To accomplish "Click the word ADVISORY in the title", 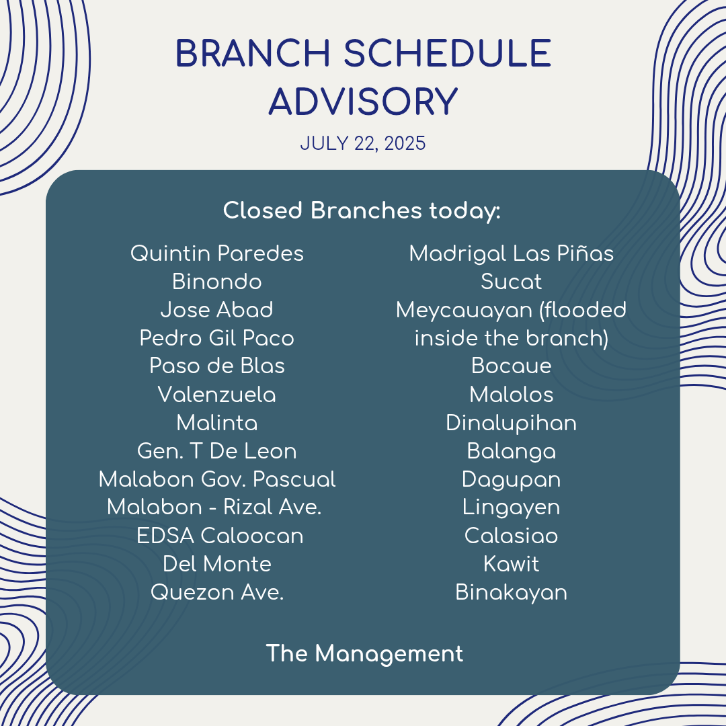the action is [363, 102].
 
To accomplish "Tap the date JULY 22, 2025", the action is [362, 144].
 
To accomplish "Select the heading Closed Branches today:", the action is [362, 210].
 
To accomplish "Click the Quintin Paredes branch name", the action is [216, 253].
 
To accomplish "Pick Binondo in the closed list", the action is [216, 282].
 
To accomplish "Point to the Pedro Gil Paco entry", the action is [216, 338].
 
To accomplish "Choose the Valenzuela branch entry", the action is [216, 395].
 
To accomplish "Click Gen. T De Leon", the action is [216, 451].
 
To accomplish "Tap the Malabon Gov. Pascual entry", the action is [216, 479].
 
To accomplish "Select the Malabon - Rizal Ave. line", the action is [214, 507].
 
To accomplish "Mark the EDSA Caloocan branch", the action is [220, 536].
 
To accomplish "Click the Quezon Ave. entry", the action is [216, 592].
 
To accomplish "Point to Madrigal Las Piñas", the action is [511, 253].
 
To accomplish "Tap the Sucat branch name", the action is [511, 282].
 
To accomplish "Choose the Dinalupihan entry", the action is [511, 423].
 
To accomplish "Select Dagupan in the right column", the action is [511, 480].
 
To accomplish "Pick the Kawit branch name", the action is [511, 564].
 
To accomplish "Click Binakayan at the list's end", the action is [511, 593].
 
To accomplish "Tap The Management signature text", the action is [364, 654].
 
